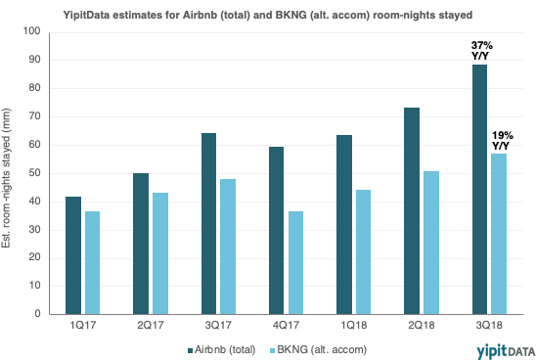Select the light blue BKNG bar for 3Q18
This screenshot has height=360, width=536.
[x=498, y=234]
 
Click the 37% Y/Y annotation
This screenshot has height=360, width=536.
[x=480, y=50]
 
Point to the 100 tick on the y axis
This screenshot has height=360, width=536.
[x=31, y=31]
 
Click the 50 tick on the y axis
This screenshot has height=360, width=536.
[x=34, y=173]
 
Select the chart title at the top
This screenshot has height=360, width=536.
[x=267, y=13]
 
